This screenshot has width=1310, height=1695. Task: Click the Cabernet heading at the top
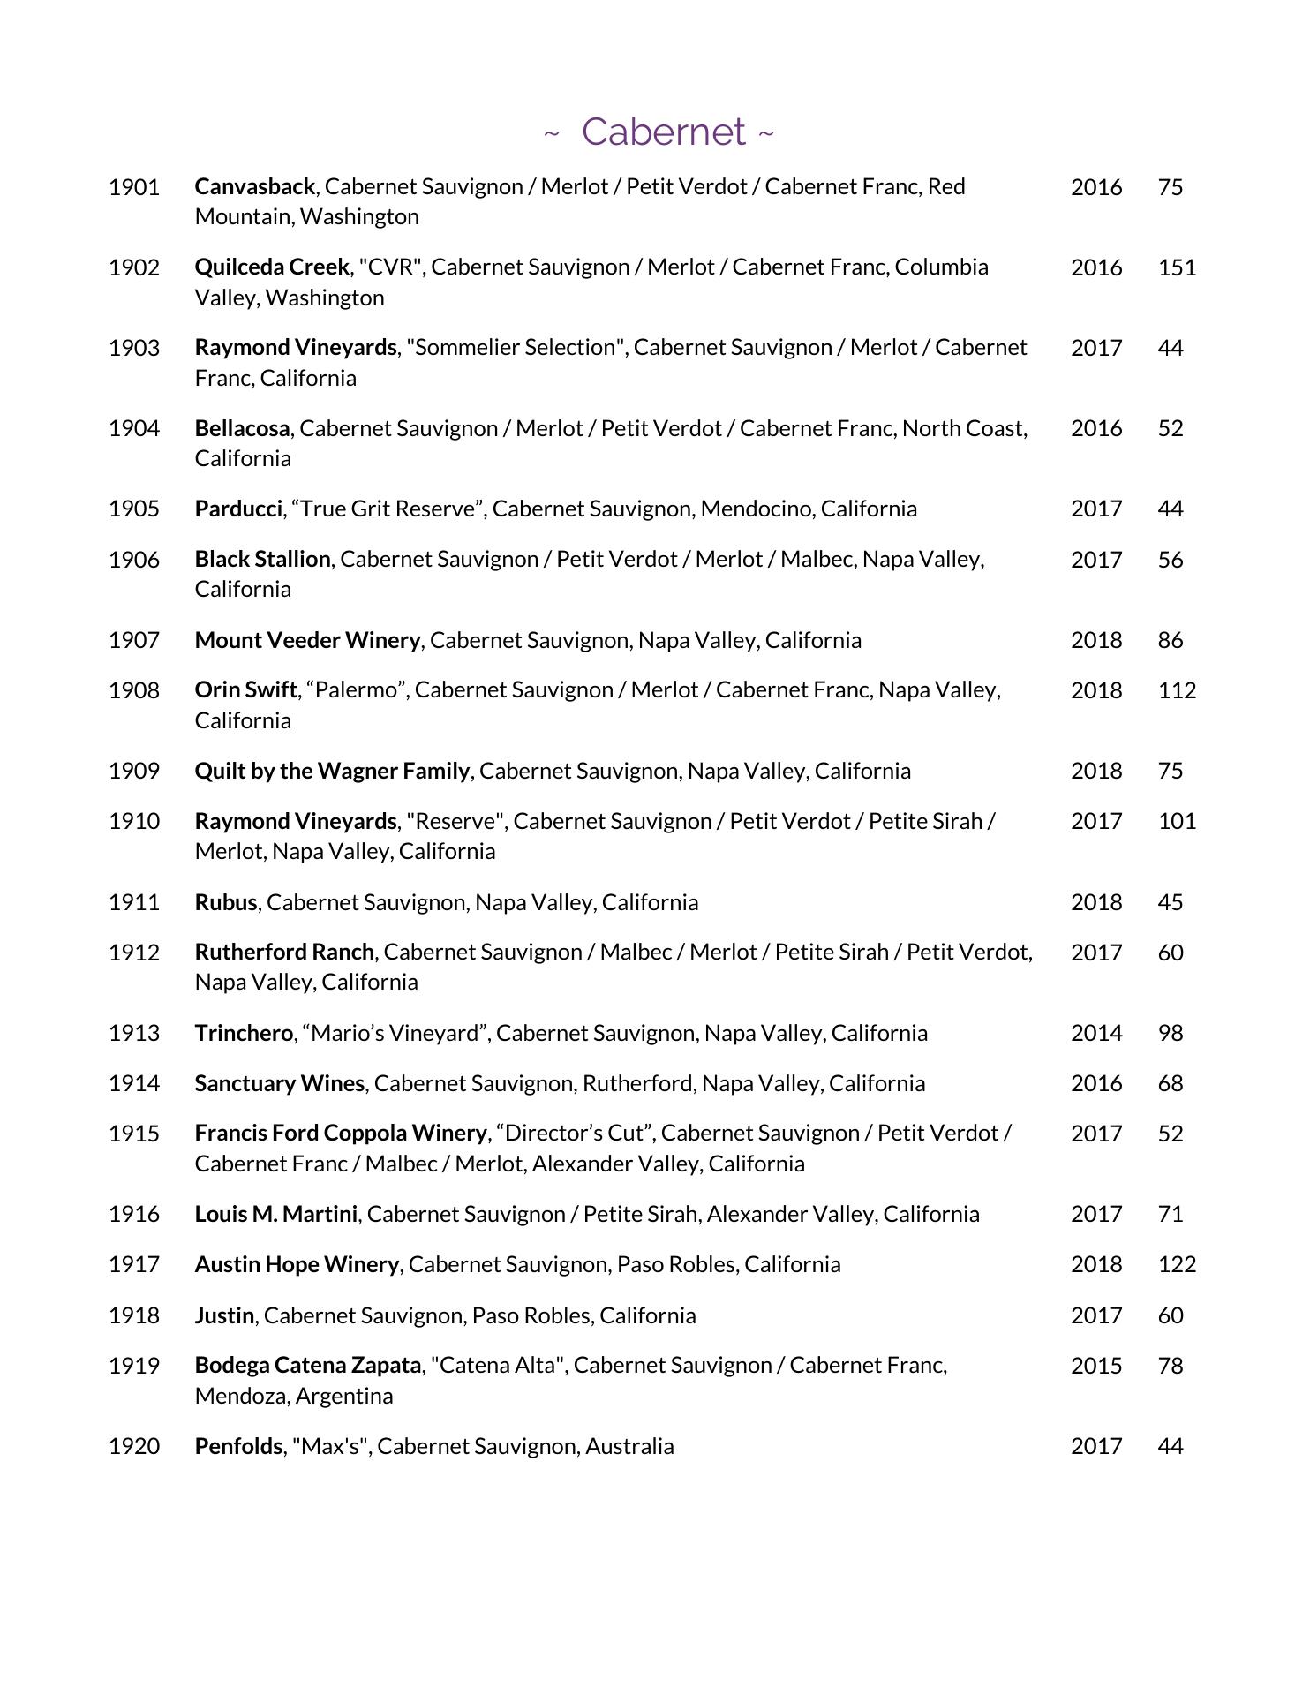click(x=662, y=132)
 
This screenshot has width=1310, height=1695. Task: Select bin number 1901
click(x=134, y=187)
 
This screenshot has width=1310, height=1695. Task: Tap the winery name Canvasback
click(x=254, y=187)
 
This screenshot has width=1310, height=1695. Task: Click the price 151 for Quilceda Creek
click(x=1177, y=267)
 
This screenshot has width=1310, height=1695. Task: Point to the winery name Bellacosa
click(x=242, y=428)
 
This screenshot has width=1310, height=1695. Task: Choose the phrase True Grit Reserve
click(x=388, y=508)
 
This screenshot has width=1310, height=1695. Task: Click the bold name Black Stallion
click(x=262, y=559)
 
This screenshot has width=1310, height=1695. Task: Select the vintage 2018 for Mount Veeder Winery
click(x=1096, y=640)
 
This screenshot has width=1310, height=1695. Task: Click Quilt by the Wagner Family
click(x=332, y=771)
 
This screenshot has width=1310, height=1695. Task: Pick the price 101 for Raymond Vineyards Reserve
click(x=1177, y=821)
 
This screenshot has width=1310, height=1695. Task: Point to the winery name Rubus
click(x=225, y=902)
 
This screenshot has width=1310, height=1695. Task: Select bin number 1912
click(x=134, y=953)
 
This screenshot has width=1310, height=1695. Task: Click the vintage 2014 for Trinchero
click(x=1096, y=1033)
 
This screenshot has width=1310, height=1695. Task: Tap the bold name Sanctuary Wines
click(x=279, y=1083)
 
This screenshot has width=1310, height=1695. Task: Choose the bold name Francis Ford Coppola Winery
click(x=340, y=1134)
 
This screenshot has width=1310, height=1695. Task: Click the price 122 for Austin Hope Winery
click(x=1177, y=1264)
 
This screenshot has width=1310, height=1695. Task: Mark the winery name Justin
click(x=224, y=1315)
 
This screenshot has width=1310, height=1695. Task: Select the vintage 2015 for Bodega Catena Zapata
click(x=1096, y=1366)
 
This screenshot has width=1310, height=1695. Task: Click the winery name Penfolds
click(x=238, y=1446)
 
